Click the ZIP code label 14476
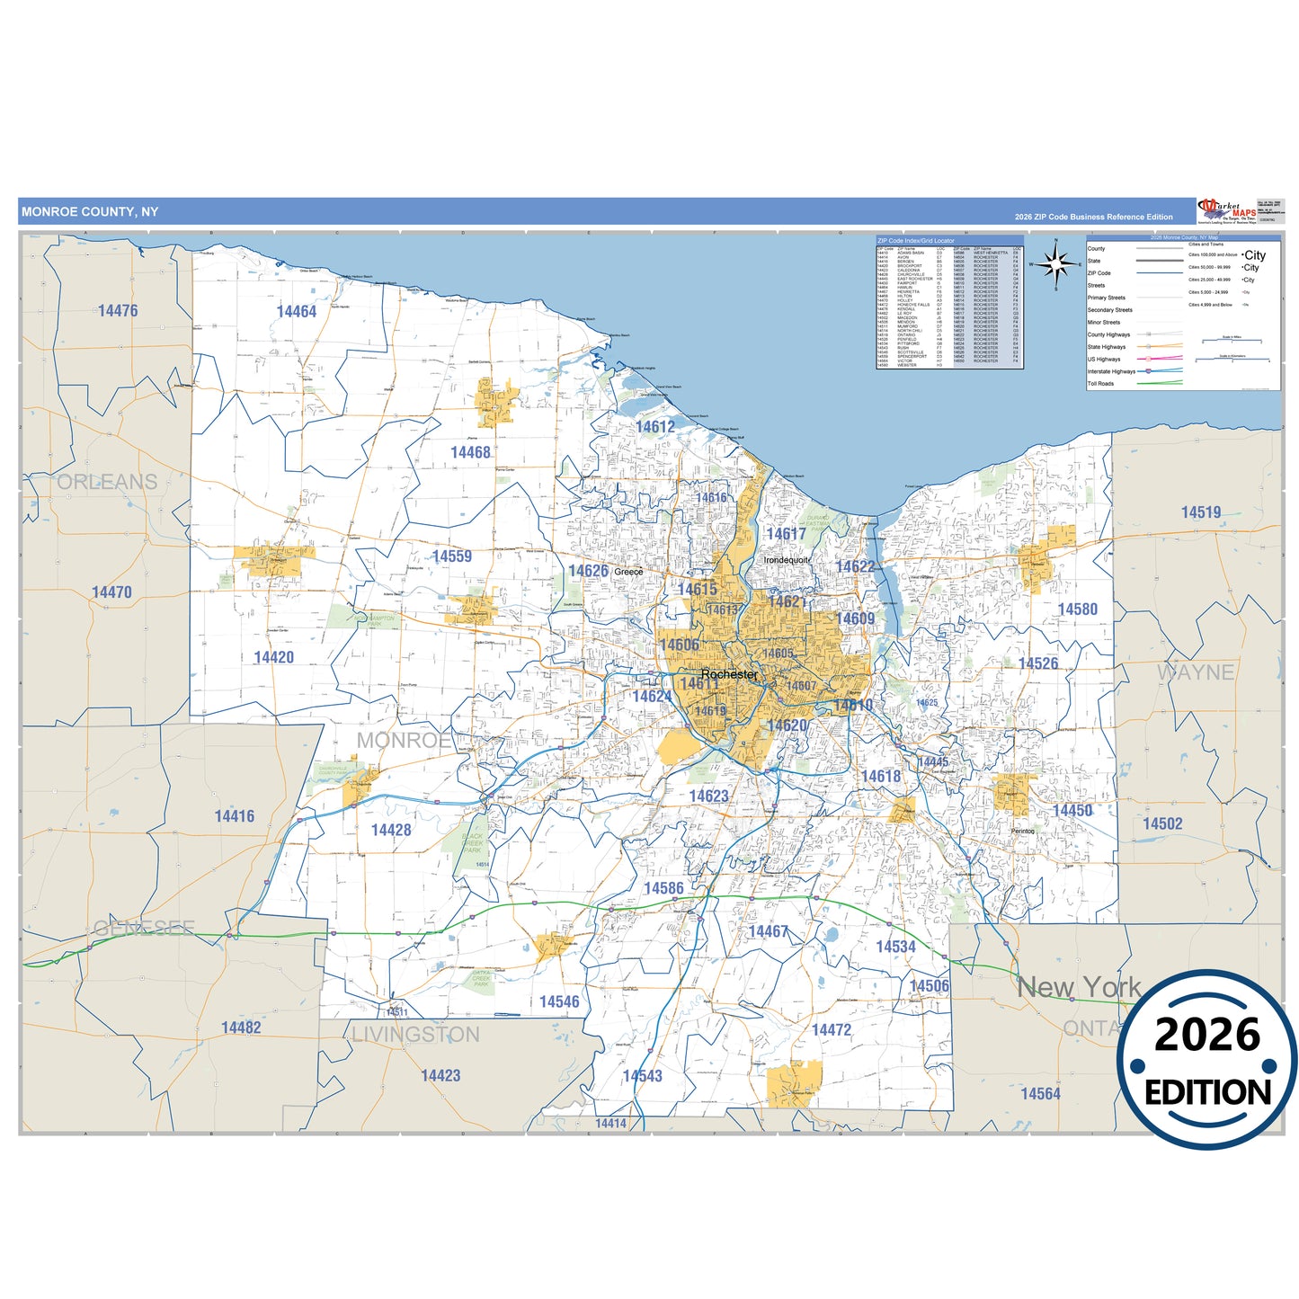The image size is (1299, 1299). coord(118,311)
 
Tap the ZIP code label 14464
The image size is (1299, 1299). coord(297,312)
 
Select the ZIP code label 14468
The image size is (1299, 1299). coord(470,453)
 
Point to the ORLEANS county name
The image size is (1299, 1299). coord(107,482)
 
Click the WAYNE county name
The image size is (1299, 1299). coord(1195,672)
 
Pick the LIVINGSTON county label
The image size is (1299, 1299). coord(415,1035)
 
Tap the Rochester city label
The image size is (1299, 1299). coord(729,674)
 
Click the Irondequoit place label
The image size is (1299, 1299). coord(787,560)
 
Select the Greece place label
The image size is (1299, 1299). coord(628,572)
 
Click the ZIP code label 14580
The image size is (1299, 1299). coord(1077,609)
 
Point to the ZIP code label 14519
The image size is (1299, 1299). coord(1201,512)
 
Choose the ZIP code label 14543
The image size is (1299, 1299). coord(642,1076)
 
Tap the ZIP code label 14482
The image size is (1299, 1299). coord(241,1028)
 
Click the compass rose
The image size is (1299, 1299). coord(1056,264)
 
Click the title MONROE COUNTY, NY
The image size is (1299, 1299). coord(90,212)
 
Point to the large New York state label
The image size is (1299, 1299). coord(1079,987)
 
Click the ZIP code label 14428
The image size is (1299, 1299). coord(391,830)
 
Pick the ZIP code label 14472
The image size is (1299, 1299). coord(831,1030)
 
